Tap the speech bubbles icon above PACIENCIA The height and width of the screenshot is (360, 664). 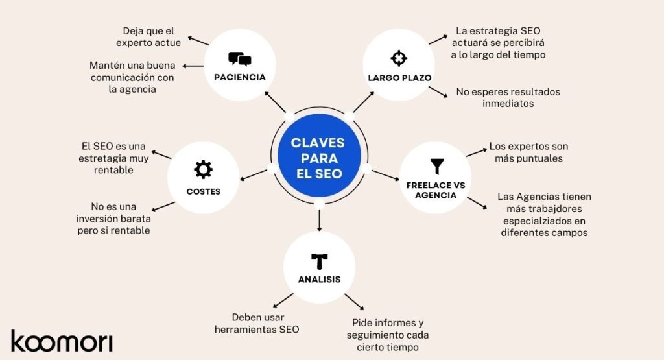tap(240, 59)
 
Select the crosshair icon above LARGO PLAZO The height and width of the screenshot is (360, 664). tap(399, 58)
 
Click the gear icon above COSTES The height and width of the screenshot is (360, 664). tap(203, 170)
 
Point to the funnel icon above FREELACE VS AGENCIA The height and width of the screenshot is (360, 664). tap(436, 166)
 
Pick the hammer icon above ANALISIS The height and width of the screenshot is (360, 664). tap(319, 261)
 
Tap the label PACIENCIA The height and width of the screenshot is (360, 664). tap(240, 77)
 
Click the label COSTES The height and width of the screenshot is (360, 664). tap(203, 191)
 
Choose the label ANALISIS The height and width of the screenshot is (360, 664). tap(319, 280)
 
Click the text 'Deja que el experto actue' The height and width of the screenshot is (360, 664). tap(148, 37)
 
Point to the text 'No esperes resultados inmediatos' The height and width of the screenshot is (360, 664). tap(508, 98)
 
